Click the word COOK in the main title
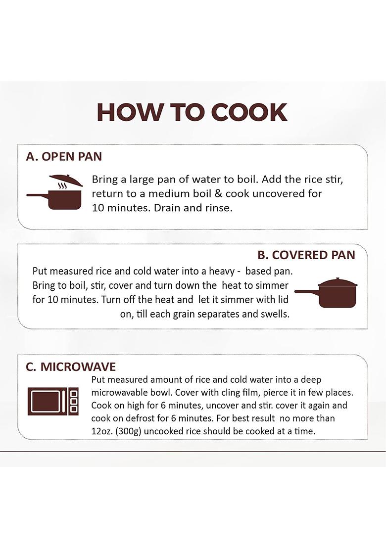pos(249,112)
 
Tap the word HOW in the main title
pos(130,112)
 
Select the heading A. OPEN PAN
pos(64,157)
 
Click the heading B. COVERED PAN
pos(306,255)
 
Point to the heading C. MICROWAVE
pos(71,367)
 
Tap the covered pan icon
pos(326,293)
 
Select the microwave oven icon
pos(53,401)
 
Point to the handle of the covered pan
pos(307,291)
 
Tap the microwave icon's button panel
pos(74,401)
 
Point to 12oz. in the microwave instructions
pos(101,431)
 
